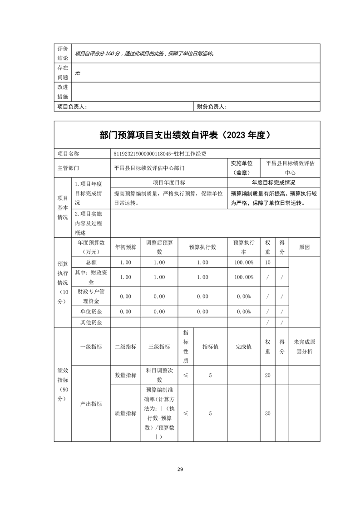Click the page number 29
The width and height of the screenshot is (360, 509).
click(x=180, y=469)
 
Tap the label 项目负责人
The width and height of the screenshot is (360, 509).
click(x=72, y=107)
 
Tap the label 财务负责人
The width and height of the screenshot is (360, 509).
click(x=212, y=107)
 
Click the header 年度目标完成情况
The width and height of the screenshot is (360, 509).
click(x=273, y=182)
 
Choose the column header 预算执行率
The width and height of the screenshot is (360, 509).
click(x=244, y=247)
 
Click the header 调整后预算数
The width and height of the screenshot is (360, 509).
click(x=159, y=247)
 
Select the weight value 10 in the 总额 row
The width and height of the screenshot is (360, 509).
click(x=267, y=263)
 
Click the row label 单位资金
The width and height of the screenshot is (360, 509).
click(x=91, y=312)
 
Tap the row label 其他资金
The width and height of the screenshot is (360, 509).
click(x=91, y=323)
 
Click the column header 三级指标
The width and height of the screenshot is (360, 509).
click(x=159, y=347)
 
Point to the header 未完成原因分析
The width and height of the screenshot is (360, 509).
click(x=304, y=347)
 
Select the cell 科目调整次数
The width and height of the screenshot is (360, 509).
click(x=159, y=375)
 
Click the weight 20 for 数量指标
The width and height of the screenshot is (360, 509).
click(x=267, y=375)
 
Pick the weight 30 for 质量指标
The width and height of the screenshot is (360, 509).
click(x=267, y=413)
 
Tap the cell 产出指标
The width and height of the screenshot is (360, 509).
click(x=91, y=404)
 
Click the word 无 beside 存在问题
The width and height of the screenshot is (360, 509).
click(x=78, y=73)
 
